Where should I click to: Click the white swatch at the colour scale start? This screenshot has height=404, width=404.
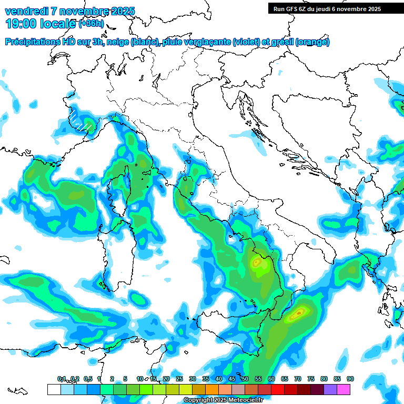pos(54,389)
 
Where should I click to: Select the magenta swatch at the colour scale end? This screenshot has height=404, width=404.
pos(344,389)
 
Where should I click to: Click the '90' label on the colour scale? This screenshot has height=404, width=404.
pos(350,379)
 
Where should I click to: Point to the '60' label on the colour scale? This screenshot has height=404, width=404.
pos(271,379)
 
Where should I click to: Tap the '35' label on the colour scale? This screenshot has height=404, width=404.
pos(205,379)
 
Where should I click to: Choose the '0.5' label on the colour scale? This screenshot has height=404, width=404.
pos(87,379)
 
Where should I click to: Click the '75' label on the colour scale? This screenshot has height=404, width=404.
pos(310,379)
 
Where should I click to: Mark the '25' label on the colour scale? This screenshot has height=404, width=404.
pos(179,379)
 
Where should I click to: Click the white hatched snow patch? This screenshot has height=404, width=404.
pos(80,119)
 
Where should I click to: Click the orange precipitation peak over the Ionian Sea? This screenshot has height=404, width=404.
pos(298,314)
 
